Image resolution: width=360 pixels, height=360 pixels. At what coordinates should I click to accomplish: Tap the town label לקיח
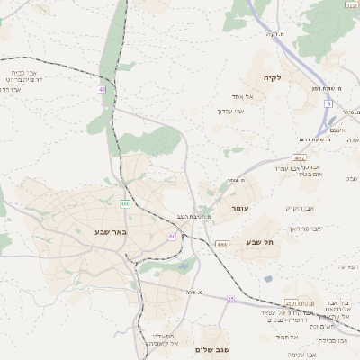pos(272,77)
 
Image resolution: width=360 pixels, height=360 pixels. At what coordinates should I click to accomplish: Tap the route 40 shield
pos(103,90)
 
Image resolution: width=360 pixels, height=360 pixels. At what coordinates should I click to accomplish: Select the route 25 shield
pos(230,299)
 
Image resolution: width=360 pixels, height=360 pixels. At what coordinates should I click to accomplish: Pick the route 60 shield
pos(172,237)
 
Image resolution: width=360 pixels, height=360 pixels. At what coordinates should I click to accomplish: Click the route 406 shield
pos(125,205)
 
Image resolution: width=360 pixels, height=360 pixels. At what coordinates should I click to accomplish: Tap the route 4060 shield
pos(221,244)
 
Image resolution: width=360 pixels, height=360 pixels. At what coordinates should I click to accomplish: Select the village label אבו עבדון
pos(231,111)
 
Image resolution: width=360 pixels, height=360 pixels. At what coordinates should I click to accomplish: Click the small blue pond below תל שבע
pos(267,279)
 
